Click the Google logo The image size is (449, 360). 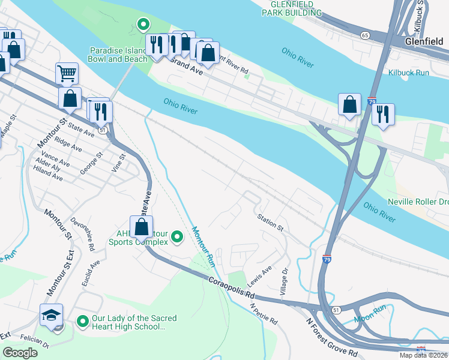[x=20, y=353]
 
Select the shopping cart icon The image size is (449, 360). [x=67, y=73]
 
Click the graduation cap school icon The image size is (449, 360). [x=51, y=314]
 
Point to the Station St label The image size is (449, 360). [x=270, y=221]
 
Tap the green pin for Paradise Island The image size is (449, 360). [x=143, y=25]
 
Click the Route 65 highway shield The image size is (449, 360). [x=364, y=36]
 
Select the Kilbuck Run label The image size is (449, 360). [x=408, y=73]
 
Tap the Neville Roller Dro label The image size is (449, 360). [x=418, y=202]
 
